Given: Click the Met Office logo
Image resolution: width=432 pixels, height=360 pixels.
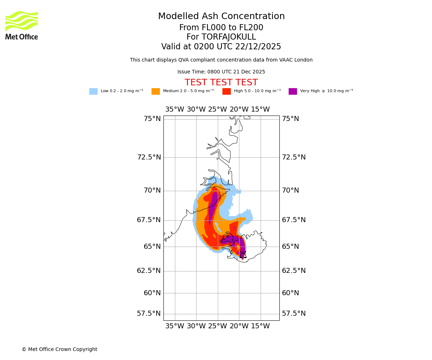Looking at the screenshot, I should (x=22, y=25).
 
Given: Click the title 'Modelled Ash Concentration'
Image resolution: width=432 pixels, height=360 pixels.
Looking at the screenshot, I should (x=221, y=17).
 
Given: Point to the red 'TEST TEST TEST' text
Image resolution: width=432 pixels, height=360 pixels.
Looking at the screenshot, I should (x=221, y=83).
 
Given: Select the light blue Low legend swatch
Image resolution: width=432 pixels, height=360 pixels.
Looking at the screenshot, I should (x=93, y=91).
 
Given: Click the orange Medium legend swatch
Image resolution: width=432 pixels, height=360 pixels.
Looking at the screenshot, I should (x=156, y=91).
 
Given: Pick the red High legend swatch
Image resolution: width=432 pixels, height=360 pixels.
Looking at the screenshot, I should (x=226, y=91).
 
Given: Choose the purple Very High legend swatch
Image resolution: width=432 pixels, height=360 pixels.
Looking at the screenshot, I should (x=293, y=91).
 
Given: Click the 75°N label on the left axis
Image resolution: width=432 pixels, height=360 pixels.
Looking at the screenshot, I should (x=152, y=119).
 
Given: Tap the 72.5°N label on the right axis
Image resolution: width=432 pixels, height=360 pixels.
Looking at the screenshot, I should (x=294, y=157).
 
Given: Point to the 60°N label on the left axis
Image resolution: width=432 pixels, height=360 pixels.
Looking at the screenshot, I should (x=152, y=293).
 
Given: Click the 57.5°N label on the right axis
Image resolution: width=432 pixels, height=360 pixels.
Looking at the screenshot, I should (x=294, y=314).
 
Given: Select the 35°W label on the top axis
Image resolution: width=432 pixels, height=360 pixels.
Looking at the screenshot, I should (x=175, y=109).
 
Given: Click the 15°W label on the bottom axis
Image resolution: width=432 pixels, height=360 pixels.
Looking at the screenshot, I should (x=260, y=327).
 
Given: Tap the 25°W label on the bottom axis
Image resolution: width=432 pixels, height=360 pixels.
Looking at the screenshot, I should (x=217, y=327).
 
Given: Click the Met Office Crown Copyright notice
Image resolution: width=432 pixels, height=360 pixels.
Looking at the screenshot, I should (x=59, y=350).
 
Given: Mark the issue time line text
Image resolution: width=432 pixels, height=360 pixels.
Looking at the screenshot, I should (x=221, y=72).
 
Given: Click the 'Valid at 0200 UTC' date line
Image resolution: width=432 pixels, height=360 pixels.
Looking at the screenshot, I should (x=221, y=47).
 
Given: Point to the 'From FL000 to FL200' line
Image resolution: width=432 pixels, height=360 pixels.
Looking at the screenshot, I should (x=221, y=28).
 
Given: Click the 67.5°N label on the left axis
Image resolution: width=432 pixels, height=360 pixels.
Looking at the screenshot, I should (x=149, y=220).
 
